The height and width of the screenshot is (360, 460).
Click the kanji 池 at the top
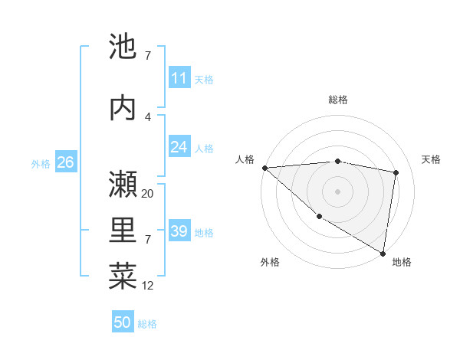123,47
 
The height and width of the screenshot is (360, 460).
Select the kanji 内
123,108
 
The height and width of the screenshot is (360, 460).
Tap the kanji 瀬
123,185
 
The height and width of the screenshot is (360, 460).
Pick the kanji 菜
123,277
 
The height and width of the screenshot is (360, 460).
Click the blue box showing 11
179,78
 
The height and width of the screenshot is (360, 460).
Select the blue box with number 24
179,147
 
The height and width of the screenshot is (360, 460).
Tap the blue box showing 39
179,231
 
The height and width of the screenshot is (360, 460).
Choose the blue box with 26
65,162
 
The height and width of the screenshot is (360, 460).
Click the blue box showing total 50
123,322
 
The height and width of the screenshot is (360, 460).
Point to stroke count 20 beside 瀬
148,194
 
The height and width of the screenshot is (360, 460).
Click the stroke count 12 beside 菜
148,286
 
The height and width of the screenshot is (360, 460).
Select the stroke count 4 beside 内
148,117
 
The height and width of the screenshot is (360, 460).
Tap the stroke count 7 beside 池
148,56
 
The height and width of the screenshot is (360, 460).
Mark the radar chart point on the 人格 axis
264,168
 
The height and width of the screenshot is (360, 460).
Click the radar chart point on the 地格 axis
383,253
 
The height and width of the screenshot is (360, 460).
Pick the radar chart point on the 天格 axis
396,172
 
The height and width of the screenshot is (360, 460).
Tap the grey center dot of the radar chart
337,191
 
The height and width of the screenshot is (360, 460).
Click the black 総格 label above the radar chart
337,100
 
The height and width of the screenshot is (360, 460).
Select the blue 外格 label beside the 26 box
41,163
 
